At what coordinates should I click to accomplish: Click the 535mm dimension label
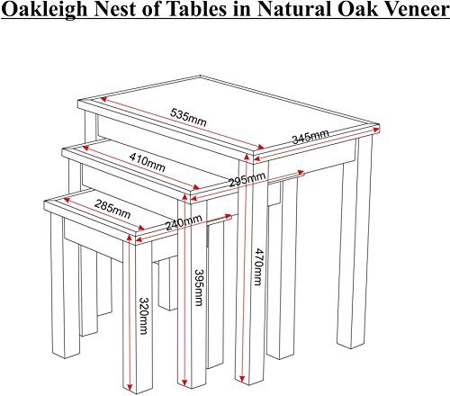(188, 118)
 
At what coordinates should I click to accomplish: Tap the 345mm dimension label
(310, 137)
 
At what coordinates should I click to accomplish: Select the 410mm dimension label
(147, 162)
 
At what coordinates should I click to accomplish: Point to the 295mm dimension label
(247, 179)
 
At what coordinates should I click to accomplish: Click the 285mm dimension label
(112, 209)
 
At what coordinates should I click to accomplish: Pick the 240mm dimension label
(184, 222)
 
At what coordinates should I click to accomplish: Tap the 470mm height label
(258, 266)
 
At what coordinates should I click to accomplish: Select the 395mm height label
(199, 287)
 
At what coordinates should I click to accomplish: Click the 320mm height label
(143, 316)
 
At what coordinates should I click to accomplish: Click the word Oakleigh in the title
(45, 10)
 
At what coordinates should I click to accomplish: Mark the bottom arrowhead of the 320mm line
(130, 386)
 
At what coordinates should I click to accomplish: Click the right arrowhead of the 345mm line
(376, 130)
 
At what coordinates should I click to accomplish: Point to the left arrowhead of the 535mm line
(104, 99)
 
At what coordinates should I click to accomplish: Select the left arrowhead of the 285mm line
(67, 200)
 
